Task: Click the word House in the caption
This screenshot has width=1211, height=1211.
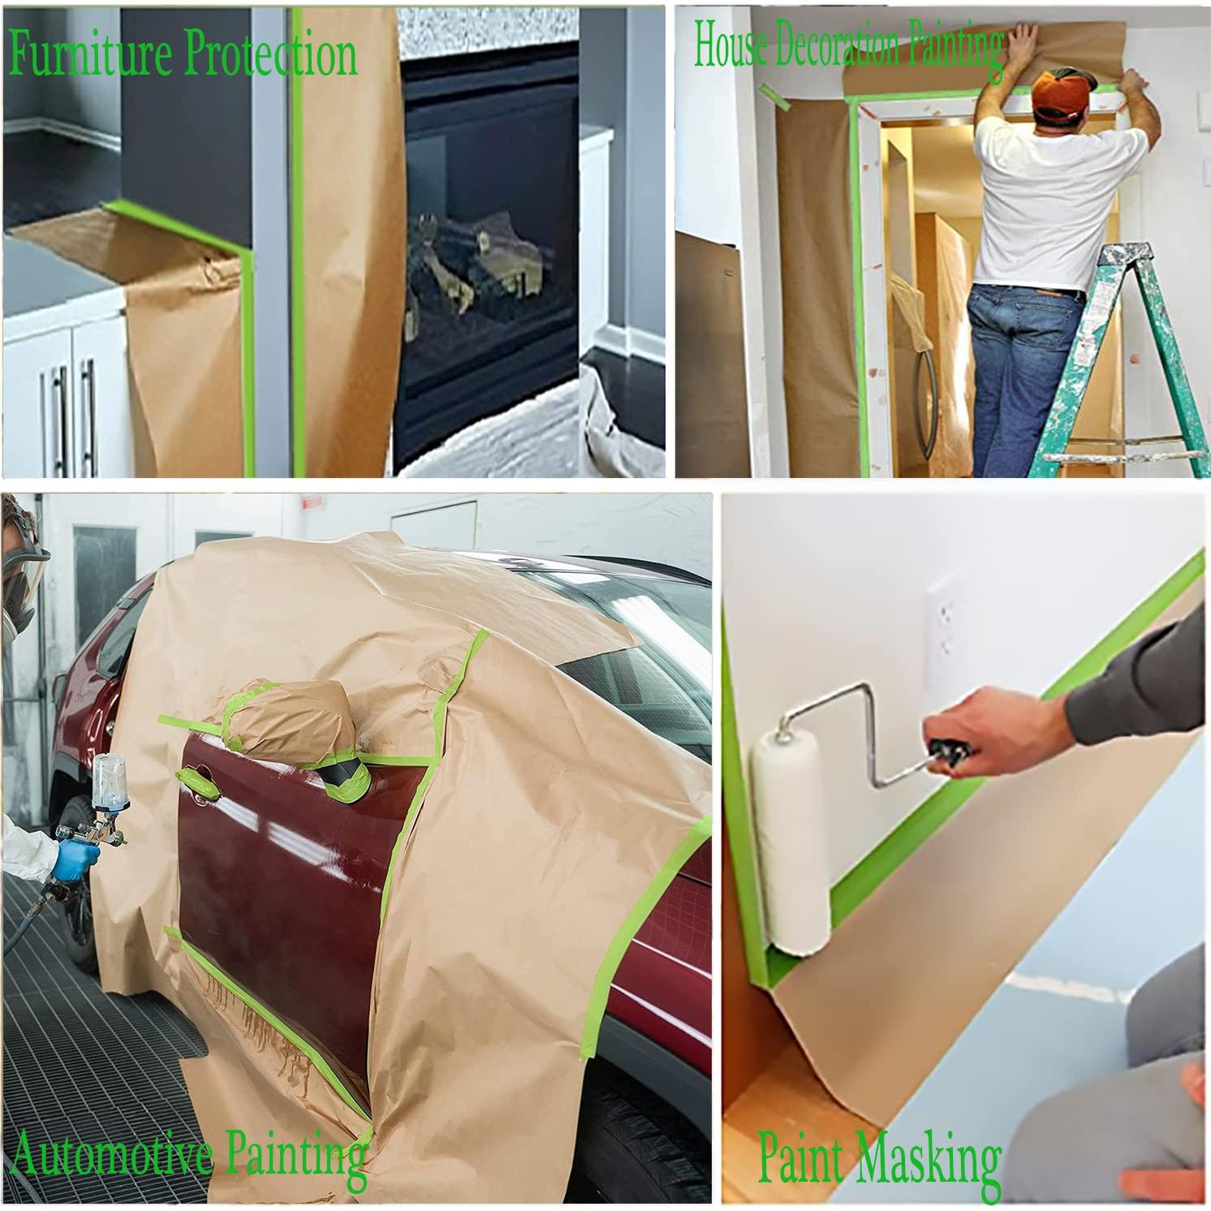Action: (x=729, y=45)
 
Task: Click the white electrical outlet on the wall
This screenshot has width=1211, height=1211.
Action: (x=944, y=617)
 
